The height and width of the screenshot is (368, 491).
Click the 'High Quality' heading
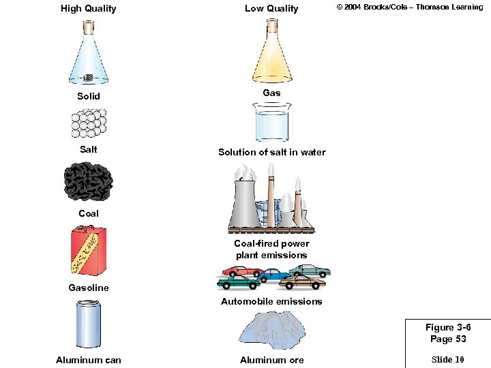coord(88,9)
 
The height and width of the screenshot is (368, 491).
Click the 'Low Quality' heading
coord(271,9)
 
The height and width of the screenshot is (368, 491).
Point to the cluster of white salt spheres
coord(88,124)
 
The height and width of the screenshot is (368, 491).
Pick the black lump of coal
coord(88,181)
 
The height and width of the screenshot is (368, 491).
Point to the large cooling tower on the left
coord(243,202)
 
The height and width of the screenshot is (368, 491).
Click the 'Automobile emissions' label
coord(271,301)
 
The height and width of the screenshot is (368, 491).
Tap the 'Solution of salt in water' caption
coord(271,152)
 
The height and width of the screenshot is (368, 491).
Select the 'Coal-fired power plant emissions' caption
coord(271,249)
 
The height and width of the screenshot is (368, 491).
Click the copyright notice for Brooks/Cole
coord(409,7)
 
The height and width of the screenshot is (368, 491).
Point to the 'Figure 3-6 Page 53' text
coord(448,333)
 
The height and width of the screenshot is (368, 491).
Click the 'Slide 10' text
coord(448,359)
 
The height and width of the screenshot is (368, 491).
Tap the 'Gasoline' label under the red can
coord(88,288)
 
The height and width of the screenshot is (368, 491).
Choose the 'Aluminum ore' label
coord(271,360)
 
